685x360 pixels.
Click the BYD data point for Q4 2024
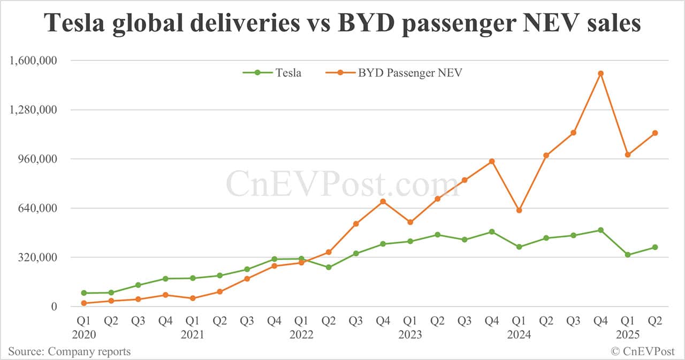pyautogui.click(x=600, y=73)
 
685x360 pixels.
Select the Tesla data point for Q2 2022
pyautogui.click(x=329, y=267)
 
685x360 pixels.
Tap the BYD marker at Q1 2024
pyautogui.click(x=519, y=210)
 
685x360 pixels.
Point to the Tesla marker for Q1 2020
pyautogui.click(x=83, y=293)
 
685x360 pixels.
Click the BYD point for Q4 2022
pyautogui.click(x=383, y=201)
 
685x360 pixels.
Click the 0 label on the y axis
pyautogui.click(x=54, y=307)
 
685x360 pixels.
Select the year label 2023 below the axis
pyautogui.click(x=410, y=334)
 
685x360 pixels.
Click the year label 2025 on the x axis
pyautogui.click(x=627, y=334)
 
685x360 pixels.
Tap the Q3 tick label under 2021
pyautogui.click(x=247, y=321)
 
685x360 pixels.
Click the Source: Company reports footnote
pyautogui.click(x=69, y=351)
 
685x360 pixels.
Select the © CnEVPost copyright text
pyautogui.click(x=643, y=351)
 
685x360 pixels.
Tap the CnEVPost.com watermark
pyautogui.click(x=342, y=183)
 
